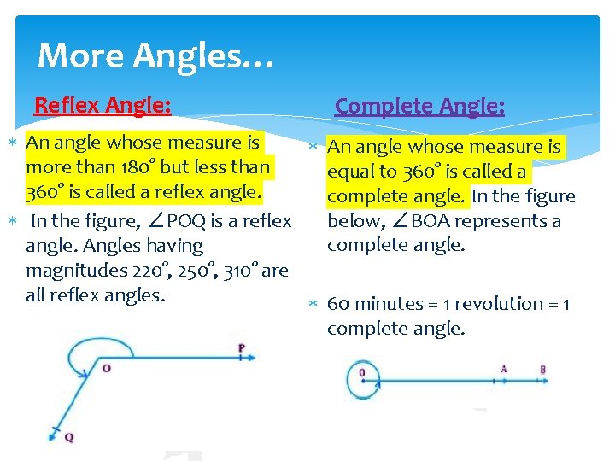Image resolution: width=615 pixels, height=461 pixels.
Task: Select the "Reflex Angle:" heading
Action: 102,105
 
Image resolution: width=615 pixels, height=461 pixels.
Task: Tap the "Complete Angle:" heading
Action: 419,106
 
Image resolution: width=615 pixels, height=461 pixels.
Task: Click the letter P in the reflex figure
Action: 242,348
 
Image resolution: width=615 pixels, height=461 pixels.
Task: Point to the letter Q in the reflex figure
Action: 69,437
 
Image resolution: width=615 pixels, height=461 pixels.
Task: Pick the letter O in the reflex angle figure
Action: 107,368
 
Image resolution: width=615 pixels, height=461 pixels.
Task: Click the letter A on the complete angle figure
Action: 504,369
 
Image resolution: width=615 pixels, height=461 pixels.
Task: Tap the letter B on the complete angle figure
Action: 543,369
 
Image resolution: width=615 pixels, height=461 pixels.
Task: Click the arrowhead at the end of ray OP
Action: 249,359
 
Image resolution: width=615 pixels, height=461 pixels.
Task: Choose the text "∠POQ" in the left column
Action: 182,221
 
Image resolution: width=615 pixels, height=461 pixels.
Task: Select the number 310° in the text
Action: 242,271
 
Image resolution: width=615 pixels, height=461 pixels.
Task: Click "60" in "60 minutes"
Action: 338,304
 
